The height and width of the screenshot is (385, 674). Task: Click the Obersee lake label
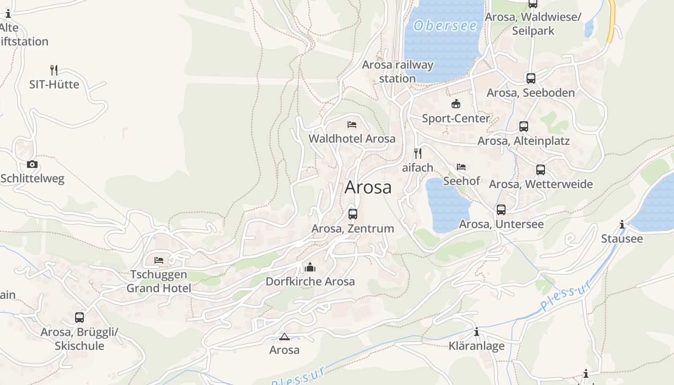445,26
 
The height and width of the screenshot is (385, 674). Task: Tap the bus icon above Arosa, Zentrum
353,214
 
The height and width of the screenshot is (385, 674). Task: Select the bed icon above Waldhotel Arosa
352,125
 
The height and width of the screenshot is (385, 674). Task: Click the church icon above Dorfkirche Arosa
310,267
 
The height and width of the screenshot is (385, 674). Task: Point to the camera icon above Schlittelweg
32,164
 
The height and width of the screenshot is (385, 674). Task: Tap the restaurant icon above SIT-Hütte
54,70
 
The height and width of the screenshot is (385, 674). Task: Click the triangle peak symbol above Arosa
284,336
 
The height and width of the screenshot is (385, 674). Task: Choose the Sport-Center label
455,118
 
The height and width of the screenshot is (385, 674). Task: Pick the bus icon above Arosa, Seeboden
531,78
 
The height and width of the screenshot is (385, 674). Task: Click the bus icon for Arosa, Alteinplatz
523,127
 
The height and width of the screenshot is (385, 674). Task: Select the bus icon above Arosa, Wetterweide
541,170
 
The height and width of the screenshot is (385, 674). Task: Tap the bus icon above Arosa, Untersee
501,210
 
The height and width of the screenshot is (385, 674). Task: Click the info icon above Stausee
622,224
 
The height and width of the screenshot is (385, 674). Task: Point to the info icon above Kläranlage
477,332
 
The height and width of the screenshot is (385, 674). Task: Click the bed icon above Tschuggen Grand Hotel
159,260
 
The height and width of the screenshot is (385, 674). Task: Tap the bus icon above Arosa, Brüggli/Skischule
79,318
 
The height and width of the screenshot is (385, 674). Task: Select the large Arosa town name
368,187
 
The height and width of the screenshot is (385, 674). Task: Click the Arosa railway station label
398,71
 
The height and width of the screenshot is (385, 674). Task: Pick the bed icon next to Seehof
461,167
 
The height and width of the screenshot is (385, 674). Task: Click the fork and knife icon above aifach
418,154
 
